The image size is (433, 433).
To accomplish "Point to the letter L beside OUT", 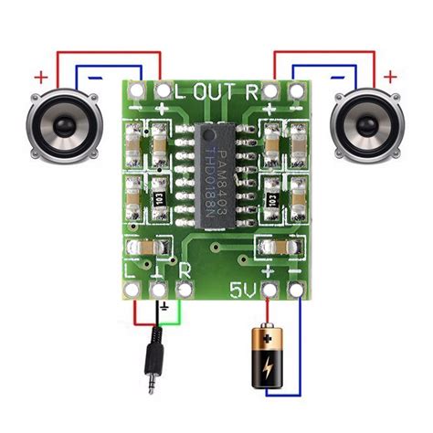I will [x=179, y=90].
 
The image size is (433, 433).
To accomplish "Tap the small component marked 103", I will [x=158, y=196].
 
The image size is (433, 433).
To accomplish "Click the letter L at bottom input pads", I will [x=130, y=271].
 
